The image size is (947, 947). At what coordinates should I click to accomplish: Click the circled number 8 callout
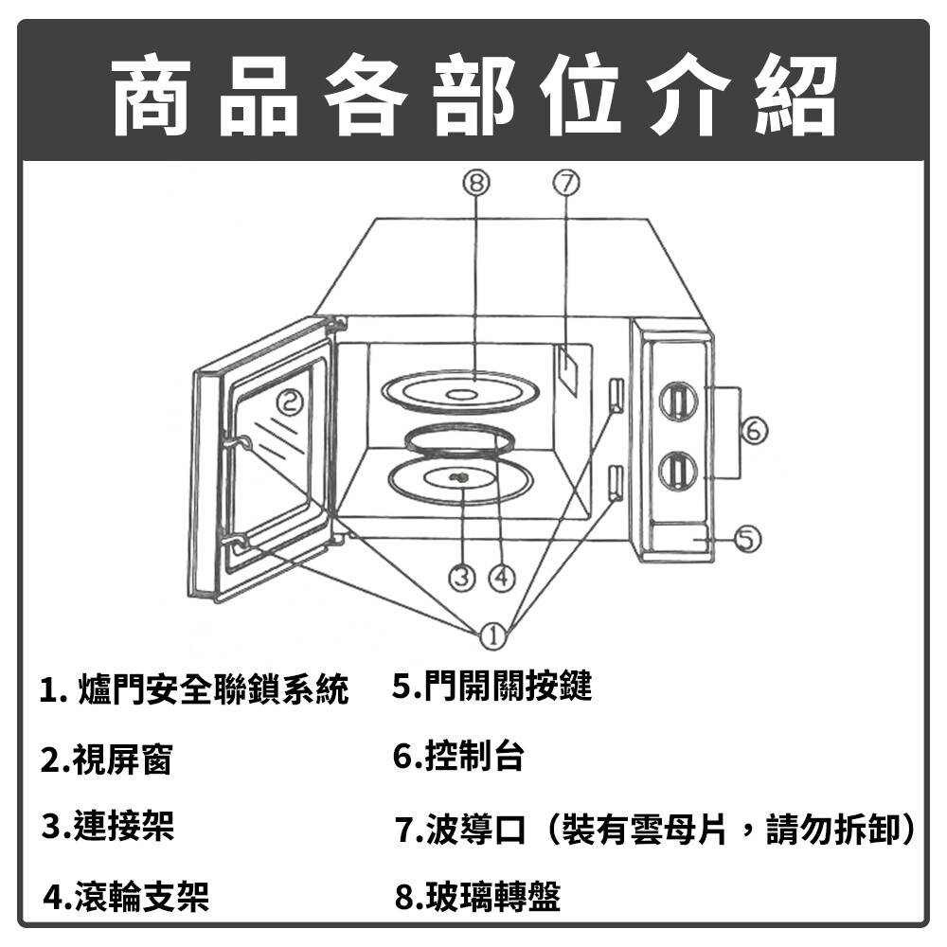coord(476,183)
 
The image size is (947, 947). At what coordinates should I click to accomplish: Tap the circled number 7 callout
coord(566,183)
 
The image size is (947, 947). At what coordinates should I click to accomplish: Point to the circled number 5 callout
coord(747,539)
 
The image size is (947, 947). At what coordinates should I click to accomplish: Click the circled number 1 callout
coord(493,636)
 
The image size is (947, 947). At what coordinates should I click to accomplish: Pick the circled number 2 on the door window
coord(291,402)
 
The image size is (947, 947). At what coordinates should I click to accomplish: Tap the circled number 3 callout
coord(462,579)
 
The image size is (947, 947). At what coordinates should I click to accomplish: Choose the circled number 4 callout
coord(502,579)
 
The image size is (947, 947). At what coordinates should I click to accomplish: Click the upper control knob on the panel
coord(678,402)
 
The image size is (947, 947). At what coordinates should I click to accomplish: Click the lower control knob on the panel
coord(678,472)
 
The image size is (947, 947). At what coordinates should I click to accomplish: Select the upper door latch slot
coord(616,396)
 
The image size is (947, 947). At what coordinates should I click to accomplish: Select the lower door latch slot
coord(616,483)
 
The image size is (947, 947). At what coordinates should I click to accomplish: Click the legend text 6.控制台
coord(457,755)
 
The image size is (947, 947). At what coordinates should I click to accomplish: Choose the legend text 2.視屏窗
coord(106,759)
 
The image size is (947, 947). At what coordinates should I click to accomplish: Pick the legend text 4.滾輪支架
coord(126,896)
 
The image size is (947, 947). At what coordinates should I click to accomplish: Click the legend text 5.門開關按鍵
coord(492,686)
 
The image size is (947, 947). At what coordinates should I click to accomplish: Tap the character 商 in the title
coord(151,95)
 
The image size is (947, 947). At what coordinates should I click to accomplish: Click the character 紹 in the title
coord(796,95)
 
